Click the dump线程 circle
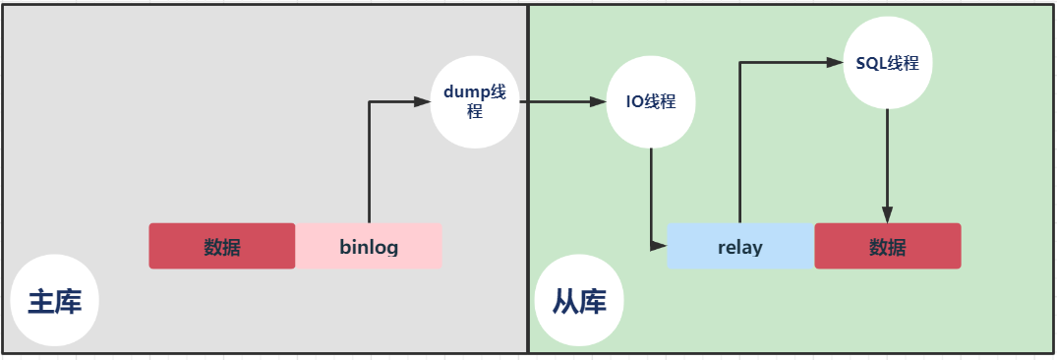click(x=475, y=102)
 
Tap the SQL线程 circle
click(x=888, y=63)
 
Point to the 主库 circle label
click(x=55, y=301)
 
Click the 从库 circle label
click(x=579, y=301)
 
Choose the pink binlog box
click(x=369, y=246)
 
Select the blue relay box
click(x=740, y=246)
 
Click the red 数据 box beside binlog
click(x=222, y=246)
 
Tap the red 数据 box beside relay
click(x=888, y=246)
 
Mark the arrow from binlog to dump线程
click(x=370, y=157)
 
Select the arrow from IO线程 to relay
click(x=651, y=197)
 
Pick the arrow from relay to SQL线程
click(x=739, y=138)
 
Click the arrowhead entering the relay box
click(x=660, y=245)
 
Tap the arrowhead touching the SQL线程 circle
click(x=835, y=63)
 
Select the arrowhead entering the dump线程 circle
click(x=423, y=101)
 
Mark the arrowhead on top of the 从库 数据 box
click(x=888, y=215)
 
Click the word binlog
click(x=369, y=247)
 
